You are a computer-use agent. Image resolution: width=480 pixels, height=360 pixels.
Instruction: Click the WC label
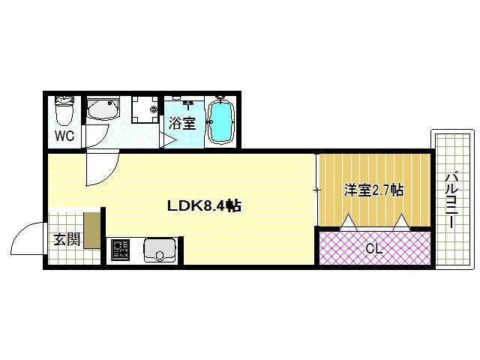(64, 136)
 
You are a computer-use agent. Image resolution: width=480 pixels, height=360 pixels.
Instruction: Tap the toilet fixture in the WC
(64, 110)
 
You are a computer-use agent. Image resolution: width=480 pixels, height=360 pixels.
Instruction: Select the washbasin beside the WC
(103, 108)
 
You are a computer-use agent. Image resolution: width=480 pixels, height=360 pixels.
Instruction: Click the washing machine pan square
(145, 109)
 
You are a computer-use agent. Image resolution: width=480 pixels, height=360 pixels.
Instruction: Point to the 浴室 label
(182, 123)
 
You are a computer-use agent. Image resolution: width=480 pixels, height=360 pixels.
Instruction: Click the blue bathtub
(220, 121)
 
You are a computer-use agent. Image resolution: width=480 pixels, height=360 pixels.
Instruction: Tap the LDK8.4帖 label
(204, 206)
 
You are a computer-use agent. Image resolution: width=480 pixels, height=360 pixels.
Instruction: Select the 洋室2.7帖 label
(373, 190)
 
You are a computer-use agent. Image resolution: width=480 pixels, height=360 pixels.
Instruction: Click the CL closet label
(374, 248)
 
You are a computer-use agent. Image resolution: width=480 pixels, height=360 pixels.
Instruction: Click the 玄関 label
(67, 239)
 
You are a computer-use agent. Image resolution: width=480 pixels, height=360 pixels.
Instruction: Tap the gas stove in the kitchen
(120, 250)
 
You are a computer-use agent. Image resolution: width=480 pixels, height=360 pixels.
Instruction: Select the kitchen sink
(159, 250)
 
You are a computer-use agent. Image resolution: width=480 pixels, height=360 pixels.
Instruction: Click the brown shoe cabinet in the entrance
(92, 230)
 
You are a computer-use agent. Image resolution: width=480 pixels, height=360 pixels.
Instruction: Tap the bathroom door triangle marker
(167, 140)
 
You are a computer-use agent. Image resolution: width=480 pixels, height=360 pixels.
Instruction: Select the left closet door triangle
(348, 222)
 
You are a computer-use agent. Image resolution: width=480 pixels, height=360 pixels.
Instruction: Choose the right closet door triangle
(402, 222)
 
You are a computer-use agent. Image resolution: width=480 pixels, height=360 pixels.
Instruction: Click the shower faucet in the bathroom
(188, 104)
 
